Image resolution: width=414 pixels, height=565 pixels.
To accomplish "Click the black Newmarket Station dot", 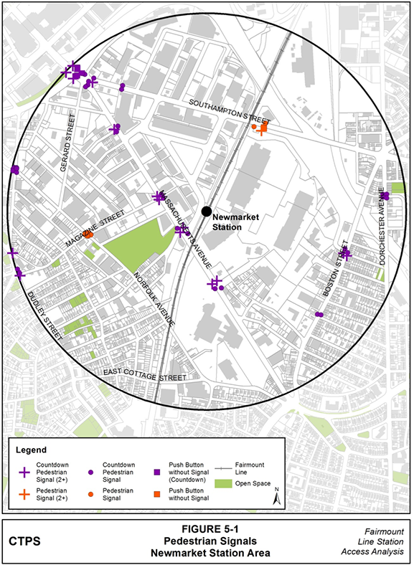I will click(x=207, y=211).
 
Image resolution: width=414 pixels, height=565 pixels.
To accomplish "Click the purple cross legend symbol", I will click(x=24, y=472).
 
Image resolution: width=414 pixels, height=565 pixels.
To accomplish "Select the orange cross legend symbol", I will click(x=24, y=494).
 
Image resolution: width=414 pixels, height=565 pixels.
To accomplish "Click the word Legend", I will click(x=31, y=450).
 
